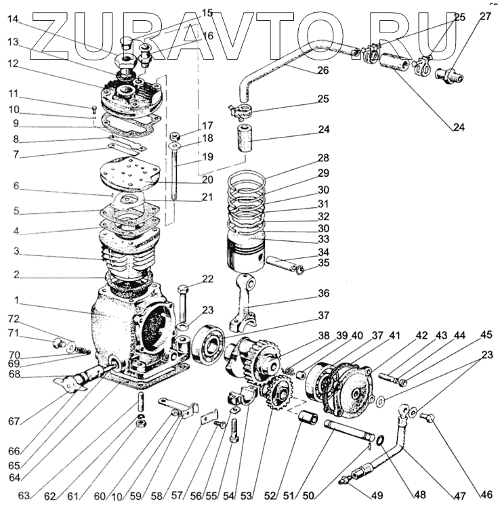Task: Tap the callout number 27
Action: (x=485, y=16)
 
